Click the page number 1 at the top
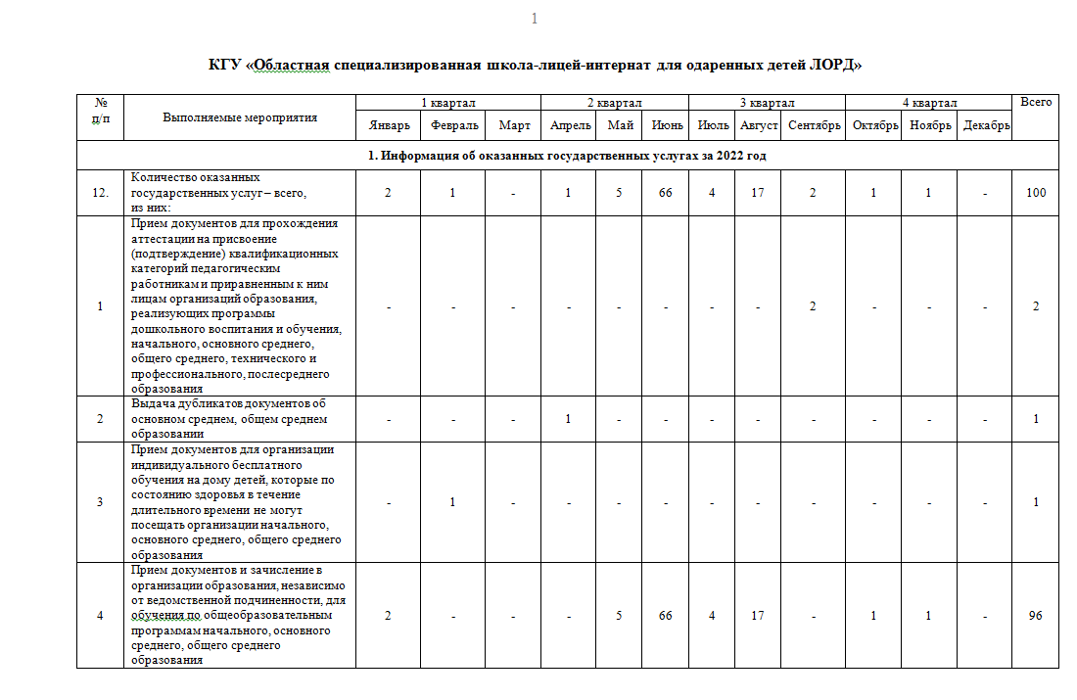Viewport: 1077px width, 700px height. point(534,20)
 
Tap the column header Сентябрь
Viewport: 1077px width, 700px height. point(814,125)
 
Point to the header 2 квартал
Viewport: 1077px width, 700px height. point(614,103)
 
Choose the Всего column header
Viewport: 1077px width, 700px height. point(1036,102)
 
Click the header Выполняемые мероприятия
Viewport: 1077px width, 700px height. point(240,117)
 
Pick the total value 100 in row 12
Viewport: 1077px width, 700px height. point(1036,193)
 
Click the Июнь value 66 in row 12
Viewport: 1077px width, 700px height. point(666,193)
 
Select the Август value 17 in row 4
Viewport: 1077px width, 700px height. point(758,616)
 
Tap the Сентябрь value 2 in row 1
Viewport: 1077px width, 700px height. point(814,306)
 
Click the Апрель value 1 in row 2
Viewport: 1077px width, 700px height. point(568,419)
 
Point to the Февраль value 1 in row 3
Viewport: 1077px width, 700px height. point(452,502)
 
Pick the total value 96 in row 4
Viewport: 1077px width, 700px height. point(1036,616)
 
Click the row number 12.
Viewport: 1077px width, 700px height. point(100,193)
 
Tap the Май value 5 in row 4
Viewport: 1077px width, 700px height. point(619,616)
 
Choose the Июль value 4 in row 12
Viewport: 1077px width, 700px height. point(712,193)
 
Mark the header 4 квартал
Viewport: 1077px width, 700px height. point(929,103)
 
